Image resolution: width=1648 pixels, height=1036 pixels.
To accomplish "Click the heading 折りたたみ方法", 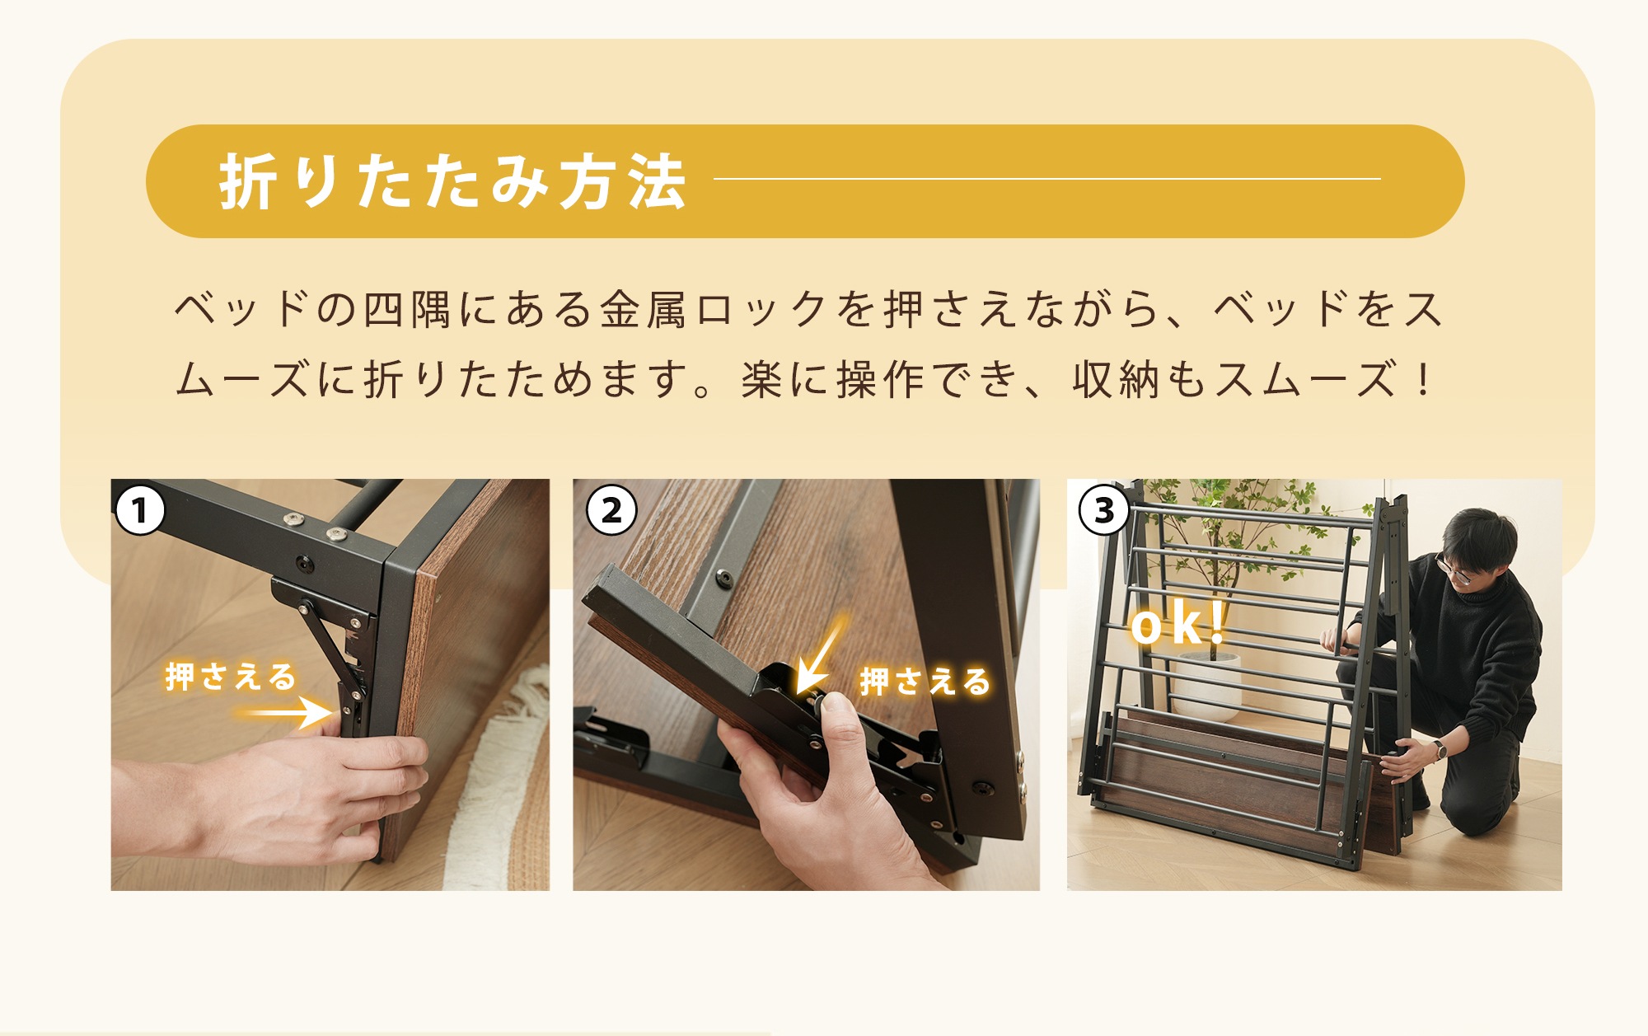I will [452, 182].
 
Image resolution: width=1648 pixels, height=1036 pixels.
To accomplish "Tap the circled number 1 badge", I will [140, 510].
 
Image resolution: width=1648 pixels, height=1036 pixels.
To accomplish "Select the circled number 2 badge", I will [611, 510].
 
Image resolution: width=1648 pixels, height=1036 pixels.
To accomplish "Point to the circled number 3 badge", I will [1103, 510].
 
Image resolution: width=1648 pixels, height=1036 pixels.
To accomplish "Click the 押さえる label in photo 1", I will [231, 677].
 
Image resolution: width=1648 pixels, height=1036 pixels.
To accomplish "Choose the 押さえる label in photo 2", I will [925, 682].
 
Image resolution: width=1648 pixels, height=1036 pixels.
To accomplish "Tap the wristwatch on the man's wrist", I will [1440, 751].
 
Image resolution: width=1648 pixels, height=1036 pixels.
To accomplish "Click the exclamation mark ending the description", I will [1424, 381].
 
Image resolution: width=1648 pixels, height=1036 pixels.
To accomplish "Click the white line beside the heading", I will [1046, 179].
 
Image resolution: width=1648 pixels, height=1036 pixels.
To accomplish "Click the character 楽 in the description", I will [761, 381].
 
